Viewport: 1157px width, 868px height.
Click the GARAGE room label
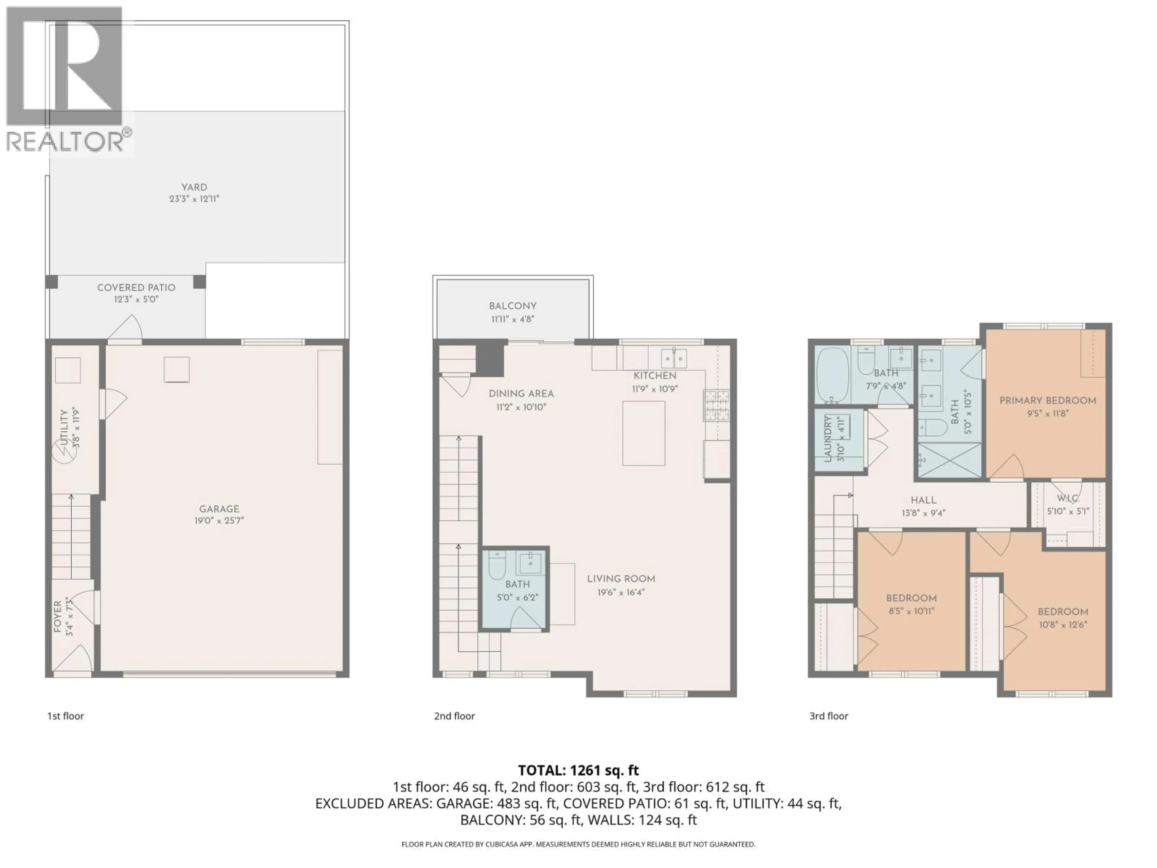coord(219,508)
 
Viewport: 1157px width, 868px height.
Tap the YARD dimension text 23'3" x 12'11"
coord(194,199)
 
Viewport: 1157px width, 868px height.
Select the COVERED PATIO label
coord(136,287)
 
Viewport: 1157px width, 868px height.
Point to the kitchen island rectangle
coord(643,433)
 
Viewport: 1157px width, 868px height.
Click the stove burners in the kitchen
coord(716,405)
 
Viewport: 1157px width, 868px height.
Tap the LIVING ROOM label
coord(621,579)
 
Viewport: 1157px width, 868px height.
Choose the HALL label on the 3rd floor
coord(923,500)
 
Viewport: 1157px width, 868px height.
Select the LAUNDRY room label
coord(827,439)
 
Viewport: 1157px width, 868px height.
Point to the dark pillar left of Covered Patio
coord(51,281)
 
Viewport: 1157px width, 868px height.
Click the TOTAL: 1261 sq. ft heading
coord(578,770)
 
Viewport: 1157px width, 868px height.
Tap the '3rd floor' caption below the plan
coord(829,716)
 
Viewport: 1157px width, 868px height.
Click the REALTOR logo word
coord(65,141)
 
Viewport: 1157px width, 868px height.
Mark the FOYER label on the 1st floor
coord(58,617)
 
